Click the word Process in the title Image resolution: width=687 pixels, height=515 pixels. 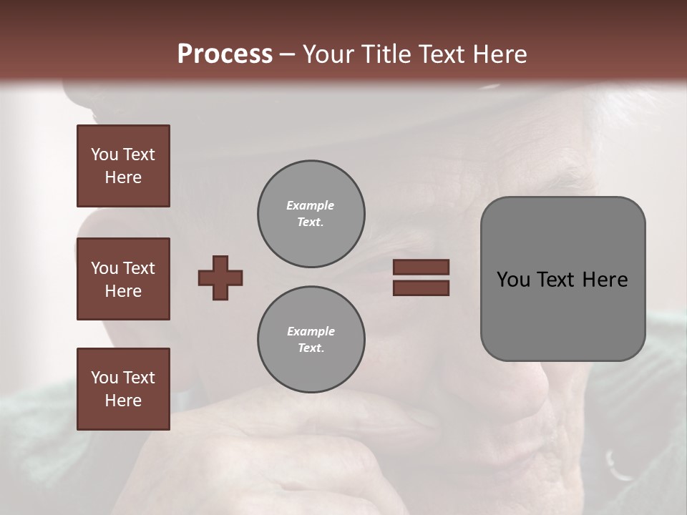click(225, 54)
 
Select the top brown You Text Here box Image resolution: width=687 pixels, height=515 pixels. click(123, 166)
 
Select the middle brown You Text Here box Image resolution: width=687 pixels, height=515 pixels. click(123, 279)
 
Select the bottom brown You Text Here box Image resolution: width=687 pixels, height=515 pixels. click(123, 388)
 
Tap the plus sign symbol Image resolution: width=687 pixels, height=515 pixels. click(220, 278)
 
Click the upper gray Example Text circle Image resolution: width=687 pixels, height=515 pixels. click(311, 214)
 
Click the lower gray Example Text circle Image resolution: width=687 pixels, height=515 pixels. click(311, 340)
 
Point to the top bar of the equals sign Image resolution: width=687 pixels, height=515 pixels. click(422, 268)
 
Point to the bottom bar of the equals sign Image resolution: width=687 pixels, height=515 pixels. click(422, 288)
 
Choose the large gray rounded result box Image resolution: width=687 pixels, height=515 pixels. click(562, 279)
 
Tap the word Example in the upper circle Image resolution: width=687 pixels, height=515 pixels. click(310, 205)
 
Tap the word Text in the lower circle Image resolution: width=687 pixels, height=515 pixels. click(310, 348)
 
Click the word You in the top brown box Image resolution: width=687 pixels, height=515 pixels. click(104, 154)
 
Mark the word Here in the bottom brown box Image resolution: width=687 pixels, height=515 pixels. click(123, 401)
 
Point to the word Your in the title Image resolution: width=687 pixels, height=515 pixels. click(328, 54)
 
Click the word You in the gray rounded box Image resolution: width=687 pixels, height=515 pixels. click(513, 280)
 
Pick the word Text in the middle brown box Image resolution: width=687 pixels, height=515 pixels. click(138, 268)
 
